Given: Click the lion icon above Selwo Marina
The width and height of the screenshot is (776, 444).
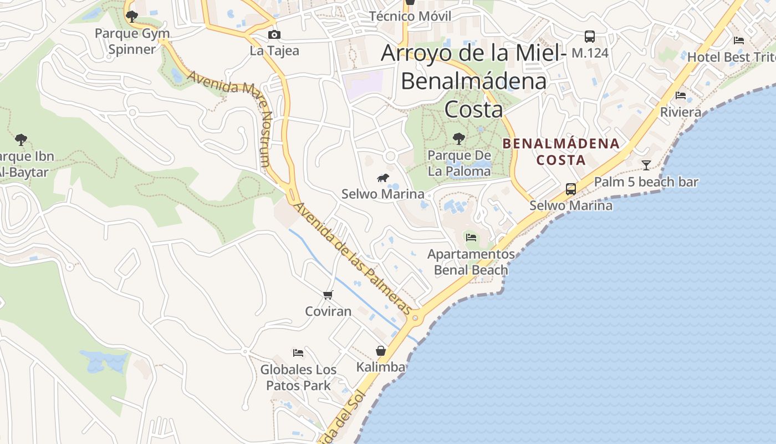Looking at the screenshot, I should tap(382, 178).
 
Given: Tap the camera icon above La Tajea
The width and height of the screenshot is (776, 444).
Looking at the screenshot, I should tap(274, 35).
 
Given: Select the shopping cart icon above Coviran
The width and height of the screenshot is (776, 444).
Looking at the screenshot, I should tap(328, 295).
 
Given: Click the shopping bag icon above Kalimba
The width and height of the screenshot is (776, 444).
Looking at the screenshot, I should tap(381, 351).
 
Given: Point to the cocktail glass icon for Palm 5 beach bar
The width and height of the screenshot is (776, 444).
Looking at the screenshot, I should tap(646, 165).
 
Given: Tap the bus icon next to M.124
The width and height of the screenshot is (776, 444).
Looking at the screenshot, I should tap(590, 37).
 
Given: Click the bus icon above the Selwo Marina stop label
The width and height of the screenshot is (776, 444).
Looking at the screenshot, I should tap(571, 189).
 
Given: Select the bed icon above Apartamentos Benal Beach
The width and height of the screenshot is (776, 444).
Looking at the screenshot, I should tap(471, 238).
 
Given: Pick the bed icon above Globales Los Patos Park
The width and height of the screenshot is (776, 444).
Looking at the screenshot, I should tap(298, 352).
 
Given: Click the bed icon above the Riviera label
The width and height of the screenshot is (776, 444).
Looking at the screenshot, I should tap(681, 95).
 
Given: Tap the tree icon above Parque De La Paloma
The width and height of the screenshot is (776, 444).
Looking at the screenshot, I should tap(459, 139).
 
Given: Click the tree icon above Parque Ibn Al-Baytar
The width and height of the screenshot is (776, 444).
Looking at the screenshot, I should tap(21, 139).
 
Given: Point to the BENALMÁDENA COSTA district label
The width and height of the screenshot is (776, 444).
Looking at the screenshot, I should tap(560, 152).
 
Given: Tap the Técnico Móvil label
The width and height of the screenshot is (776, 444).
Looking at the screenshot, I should tap(410, 16).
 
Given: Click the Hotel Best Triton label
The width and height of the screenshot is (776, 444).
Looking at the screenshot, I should tap(731, 57).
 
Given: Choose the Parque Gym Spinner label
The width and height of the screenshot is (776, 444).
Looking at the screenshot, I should tap(132, 41).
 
